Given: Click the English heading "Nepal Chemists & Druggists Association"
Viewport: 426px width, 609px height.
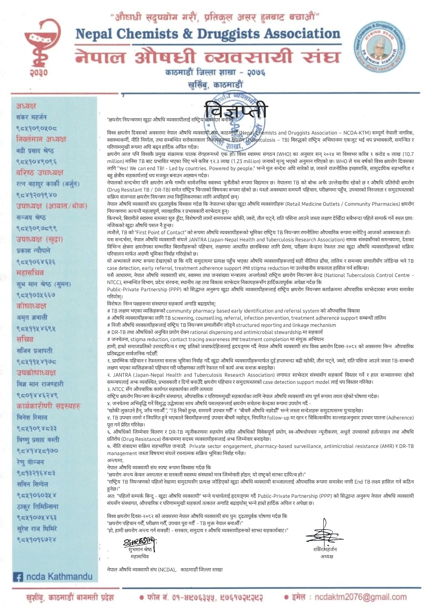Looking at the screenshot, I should tap(207, 34).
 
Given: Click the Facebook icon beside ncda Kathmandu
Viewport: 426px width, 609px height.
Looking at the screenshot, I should tap(18, 577).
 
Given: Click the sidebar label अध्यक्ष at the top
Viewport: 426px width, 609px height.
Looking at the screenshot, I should tap(26, 106).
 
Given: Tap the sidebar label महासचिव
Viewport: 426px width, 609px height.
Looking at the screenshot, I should tap(30, 273).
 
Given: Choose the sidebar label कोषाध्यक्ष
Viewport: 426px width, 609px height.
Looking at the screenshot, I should tap(31, 306).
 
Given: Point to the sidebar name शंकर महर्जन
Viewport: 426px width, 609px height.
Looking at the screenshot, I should tap(32, 117).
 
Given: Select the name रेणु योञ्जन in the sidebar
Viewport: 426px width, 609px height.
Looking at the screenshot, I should tap(30, 462).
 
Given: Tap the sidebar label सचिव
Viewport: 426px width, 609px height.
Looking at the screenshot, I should tap(25, 339).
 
